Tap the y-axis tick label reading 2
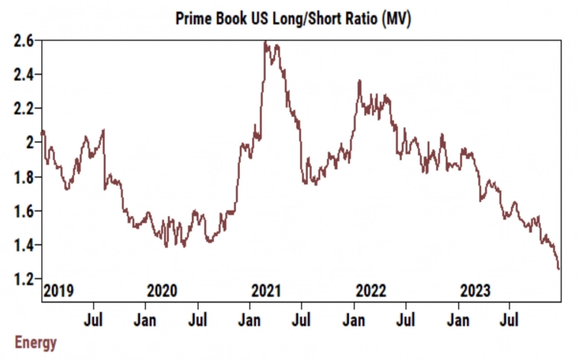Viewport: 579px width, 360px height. [29, 142]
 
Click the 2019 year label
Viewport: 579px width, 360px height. [58, 290]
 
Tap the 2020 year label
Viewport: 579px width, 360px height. [162, 290]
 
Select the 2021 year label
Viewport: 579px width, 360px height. [267, 290]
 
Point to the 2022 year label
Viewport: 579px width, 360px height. [371, 290]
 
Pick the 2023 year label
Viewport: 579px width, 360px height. [475, 290]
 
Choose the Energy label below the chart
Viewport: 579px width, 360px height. [36, 342]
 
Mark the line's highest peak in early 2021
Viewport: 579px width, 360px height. [265, 42]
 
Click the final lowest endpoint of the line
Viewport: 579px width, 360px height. [559, 269]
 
